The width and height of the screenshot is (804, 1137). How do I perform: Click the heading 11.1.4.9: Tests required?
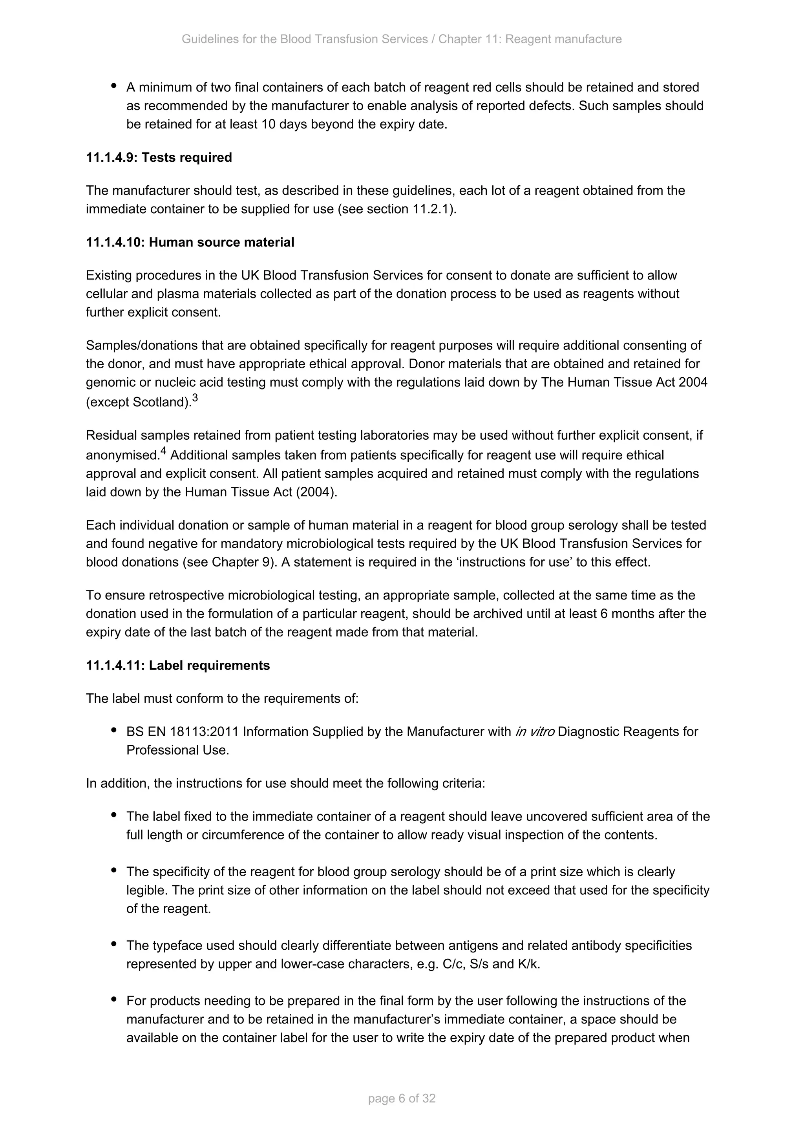tap(159, 157)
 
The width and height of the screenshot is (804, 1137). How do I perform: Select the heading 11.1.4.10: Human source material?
tap(190, 242)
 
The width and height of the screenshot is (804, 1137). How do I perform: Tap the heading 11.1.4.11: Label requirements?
tap(178, 665)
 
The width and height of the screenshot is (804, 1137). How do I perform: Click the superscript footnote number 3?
tap(195, 398)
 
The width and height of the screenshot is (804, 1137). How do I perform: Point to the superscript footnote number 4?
tap(163, 451)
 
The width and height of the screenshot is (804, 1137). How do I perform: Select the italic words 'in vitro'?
tap(534, 731)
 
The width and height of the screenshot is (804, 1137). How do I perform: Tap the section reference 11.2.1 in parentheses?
tap(432, 209)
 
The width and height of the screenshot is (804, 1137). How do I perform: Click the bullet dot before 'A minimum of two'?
tap(114, 86)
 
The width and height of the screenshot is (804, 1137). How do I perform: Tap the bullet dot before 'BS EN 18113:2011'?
tap(114, 730)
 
